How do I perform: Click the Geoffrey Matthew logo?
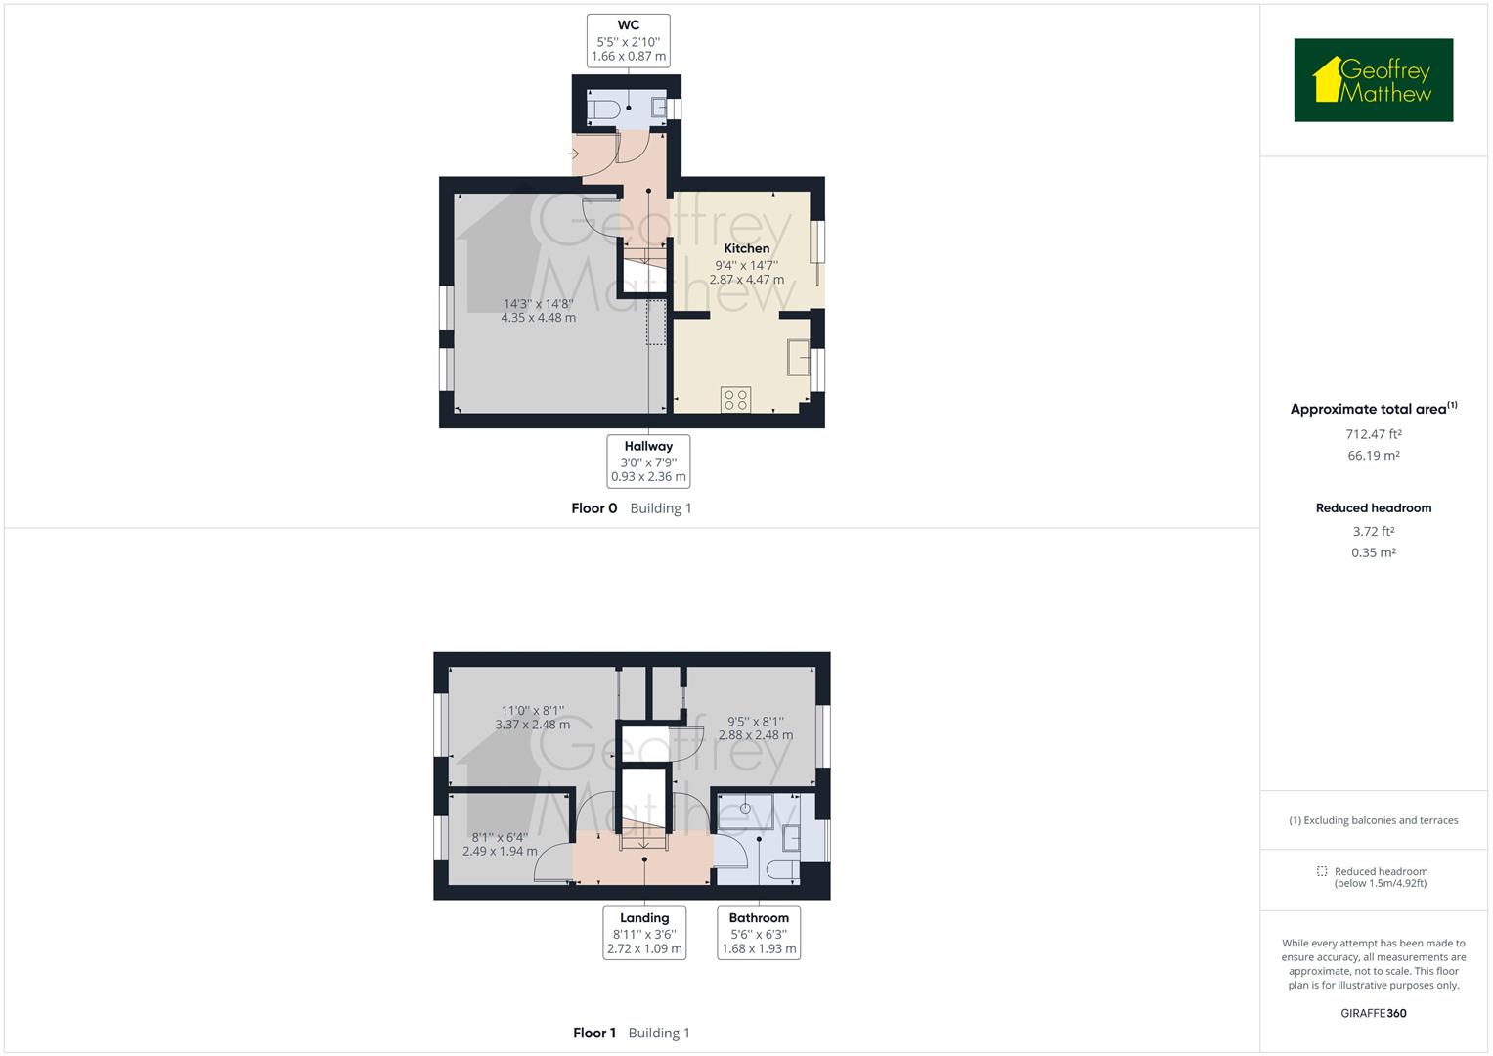(1373, 80)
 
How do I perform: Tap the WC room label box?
(629, 41)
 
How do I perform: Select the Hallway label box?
(648, 462)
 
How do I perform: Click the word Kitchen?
(746, 248)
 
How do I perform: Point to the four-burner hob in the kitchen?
(736, 399)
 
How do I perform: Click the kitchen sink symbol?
(799, 358)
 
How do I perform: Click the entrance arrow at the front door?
(573, 154)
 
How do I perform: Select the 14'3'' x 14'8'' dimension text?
(538, 304)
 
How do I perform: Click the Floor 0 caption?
(594, 508)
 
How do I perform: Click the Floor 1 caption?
(594, 1033)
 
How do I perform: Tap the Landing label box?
(644, 933)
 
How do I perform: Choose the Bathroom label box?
(759, 933)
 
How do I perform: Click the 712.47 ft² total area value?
(1373, 434)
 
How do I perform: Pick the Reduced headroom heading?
(1373, 508)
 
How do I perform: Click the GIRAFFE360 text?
(1373, 1013)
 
